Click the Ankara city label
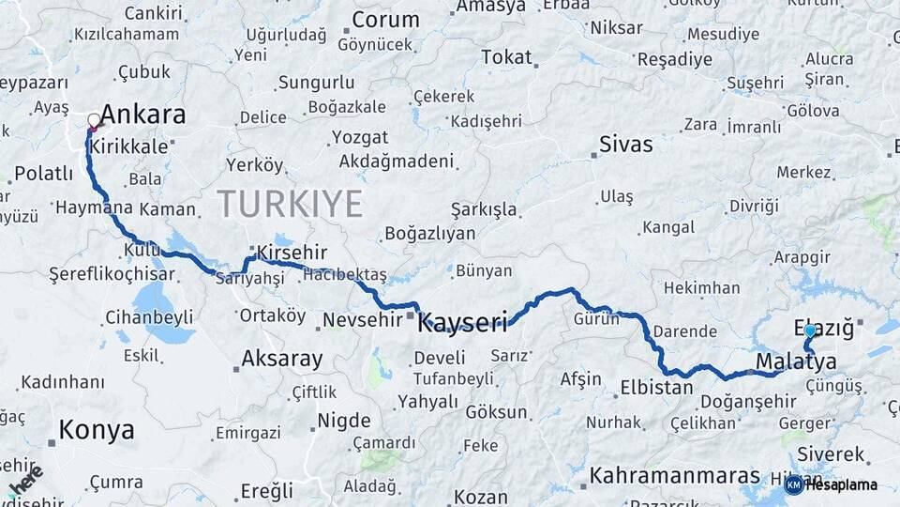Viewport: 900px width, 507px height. [142, 115]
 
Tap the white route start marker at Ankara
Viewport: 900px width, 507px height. [94, 120]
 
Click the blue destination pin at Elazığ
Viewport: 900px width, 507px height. [810, 331]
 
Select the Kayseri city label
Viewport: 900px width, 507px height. [462, 323]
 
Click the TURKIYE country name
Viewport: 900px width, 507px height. [290, 204]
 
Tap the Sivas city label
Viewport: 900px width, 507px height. [625, 146]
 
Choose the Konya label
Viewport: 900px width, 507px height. [96, 431]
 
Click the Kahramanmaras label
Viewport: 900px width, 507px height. [674, 476]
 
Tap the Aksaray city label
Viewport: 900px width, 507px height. [282, 358]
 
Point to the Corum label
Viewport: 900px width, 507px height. [385, 20]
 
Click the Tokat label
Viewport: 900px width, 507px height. [506, 57]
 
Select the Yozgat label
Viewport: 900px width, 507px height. [360, 137]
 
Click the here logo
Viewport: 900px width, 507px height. [26, 481]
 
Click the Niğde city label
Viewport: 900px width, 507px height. [343, 420]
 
